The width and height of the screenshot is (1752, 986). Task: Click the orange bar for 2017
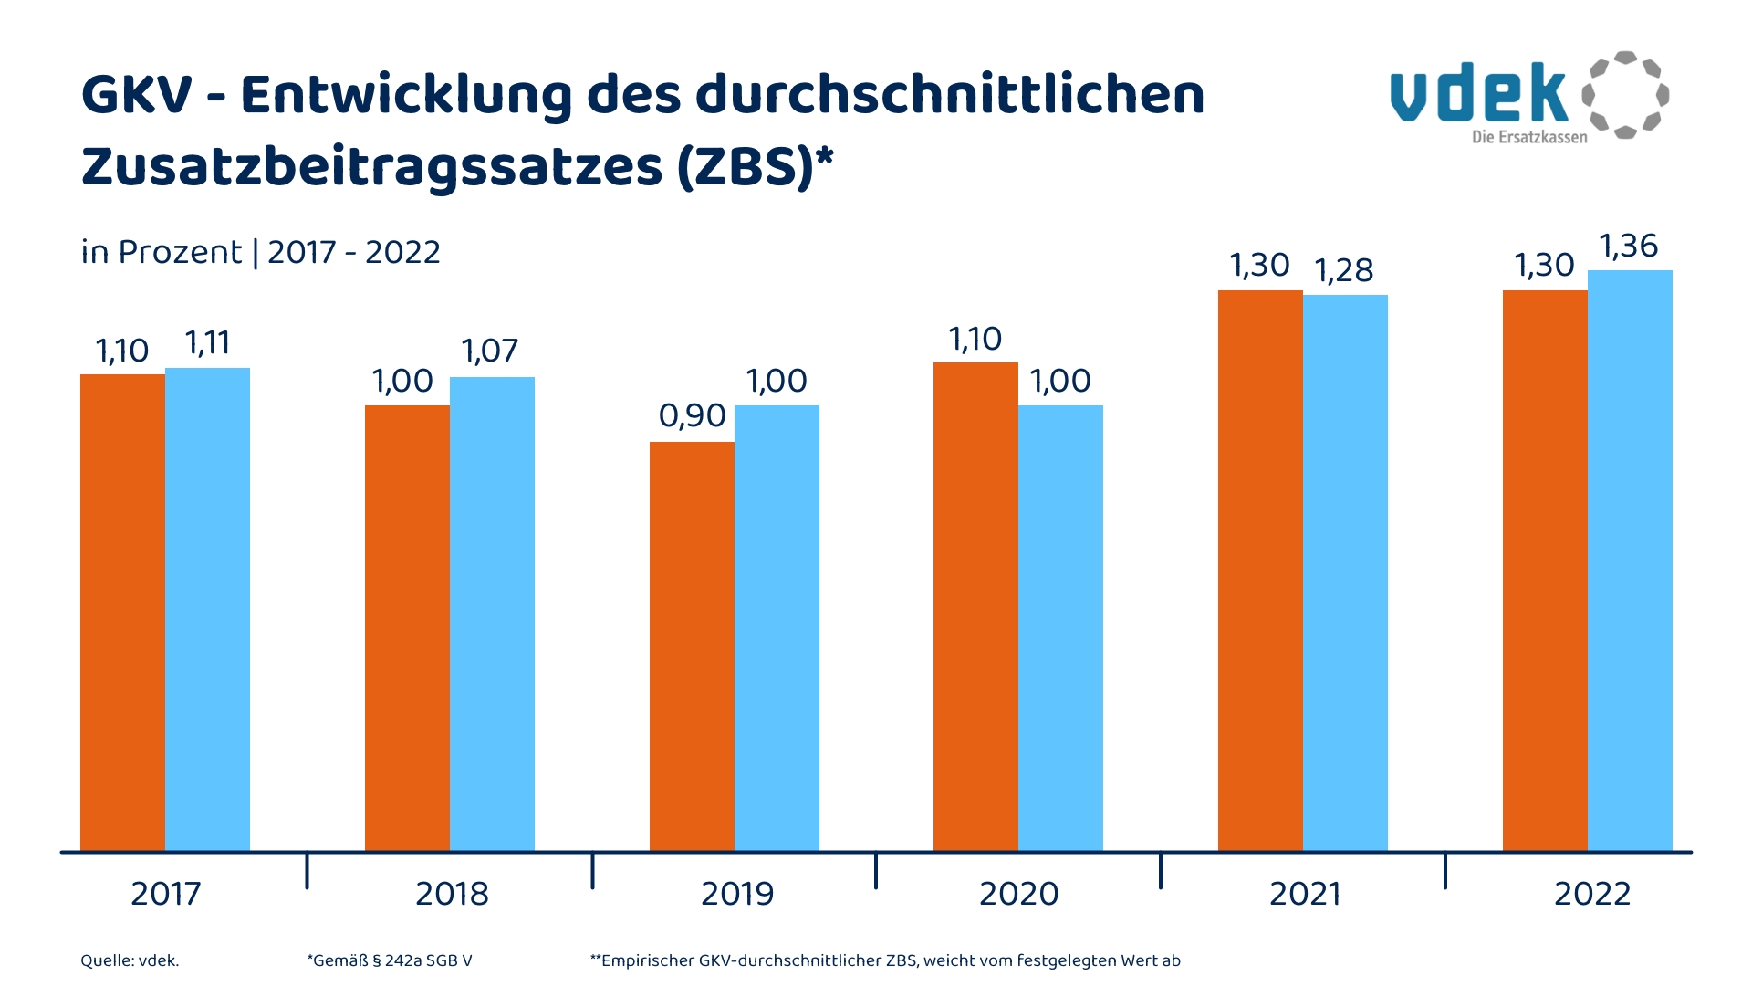(x=122, y=612)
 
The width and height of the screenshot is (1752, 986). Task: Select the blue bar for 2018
(x=492, y=614)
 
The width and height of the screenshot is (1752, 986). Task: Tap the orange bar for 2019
(x=692, y=646)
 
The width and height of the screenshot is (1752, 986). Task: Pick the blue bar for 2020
(x=1060, y=628)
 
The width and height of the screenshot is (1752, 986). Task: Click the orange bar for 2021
(x=1260, y=571)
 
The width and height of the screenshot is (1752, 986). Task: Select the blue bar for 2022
(x=1630, y=561)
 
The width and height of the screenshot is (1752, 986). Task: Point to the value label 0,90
(x=692, y=416)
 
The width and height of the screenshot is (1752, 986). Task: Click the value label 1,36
(x=1629, y=246)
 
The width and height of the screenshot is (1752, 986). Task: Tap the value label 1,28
(x=1344, y=270)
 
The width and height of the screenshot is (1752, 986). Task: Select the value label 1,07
(x=490, y=351)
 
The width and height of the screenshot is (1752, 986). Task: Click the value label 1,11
(x=207, y=343)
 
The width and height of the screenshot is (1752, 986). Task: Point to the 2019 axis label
(x=736, y=894)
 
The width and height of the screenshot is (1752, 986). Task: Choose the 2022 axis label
(x=1591, y=894)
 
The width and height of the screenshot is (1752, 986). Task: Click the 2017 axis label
(x=165, y=894)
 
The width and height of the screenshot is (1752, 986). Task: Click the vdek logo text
(x=1478, y=94)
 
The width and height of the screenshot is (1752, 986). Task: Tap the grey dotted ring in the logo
(x=1625, y=95)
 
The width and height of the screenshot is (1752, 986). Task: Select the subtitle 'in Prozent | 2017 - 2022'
(x=260, y=252)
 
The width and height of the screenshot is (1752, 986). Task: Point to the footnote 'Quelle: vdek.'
(x=130, y=960)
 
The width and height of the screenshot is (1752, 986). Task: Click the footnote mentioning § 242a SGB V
(x=390, y=960)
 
